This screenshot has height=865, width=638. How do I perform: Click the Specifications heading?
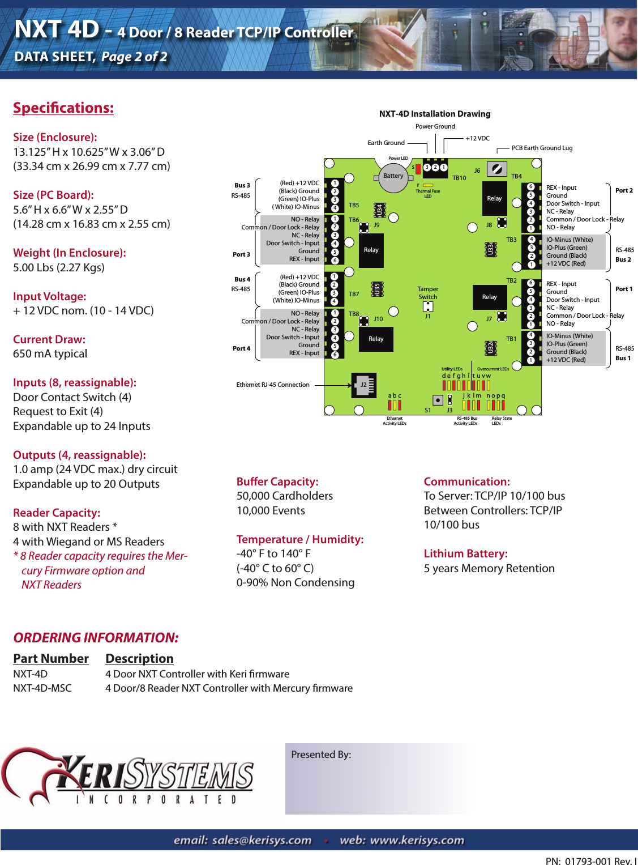tap(63, 108)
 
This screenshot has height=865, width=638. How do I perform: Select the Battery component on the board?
tap(393, 175)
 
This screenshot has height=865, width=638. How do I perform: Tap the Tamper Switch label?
tap(428, 293)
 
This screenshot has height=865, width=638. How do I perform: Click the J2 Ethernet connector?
tap(363, 385)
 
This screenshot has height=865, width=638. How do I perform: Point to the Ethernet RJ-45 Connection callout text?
tap(273, 385)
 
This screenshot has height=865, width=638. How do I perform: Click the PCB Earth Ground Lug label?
tap(542, 148)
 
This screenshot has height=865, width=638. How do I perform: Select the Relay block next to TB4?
tap(494, 198)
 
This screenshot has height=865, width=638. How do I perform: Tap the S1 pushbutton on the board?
tap(438, 400)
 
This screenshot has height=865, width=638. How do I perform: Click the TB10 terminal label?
tap(459, 178)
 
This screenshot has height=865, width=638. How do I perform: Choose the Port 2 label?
tap(624, 190)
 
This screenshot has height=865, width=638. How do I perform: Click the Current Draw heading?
tap(49, 339)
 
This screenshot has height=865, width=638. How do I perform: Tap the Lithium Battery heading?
tap(465, 553)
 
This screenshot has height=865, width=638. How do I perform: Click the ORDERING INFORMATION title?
tap(96, 638)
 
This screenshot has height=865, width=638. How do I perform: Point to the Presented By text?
tap(321, 755)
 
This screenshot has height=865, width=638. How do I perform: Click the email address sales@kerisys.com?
tap(242, 840)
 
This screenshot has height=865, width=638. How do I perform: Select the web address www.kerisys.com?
tap(401, 840)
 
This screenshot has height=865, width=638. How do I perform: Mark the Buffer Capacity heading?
tap(277, 481)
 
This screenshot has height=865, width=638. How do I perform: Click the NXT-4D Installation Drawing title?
tap(435, 114)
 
